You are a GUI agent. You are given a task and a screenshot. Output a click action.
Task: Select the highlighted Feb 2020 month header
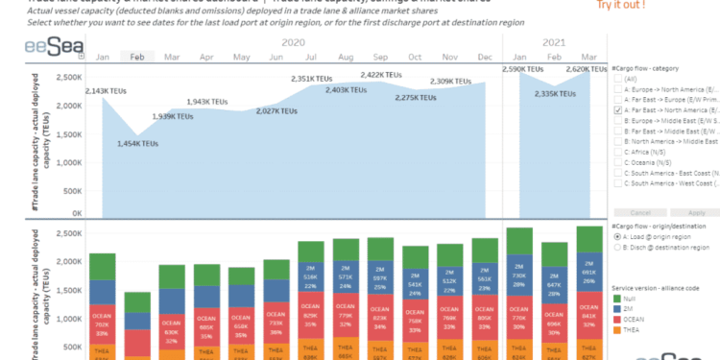(x=138, y=58)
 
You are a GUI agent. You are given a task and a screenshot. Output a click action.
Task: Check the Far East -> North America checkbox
(x=618, y=110)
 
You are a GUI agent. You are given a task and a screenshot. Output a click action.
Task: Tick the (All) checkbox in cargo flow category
(x=618, y=82)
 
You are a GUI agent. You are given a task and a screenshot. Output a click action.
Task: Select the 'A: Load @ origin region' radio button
(x=617, y=263)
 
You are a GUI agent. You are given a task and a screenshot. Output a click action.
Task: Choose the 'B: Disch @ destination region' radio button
(x=617, y=274)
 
